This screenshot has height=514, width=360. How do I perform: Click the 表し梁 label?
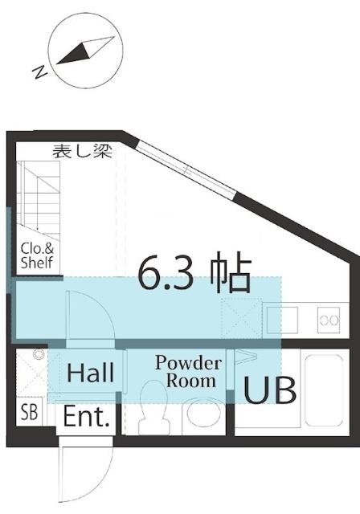tap(82, 150)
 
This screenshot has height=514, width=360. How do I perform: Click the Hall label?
tap(91, 373)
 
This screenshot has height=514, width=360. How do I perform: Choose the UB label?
tap(270, 390)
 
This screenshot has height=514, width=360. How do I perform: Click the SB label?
tap(29, 414)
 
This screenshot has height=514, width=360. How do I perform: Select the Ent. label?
tap(89, 417)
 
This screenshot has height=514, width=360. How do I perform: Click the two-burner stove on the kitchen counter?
tap(329, 320)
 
